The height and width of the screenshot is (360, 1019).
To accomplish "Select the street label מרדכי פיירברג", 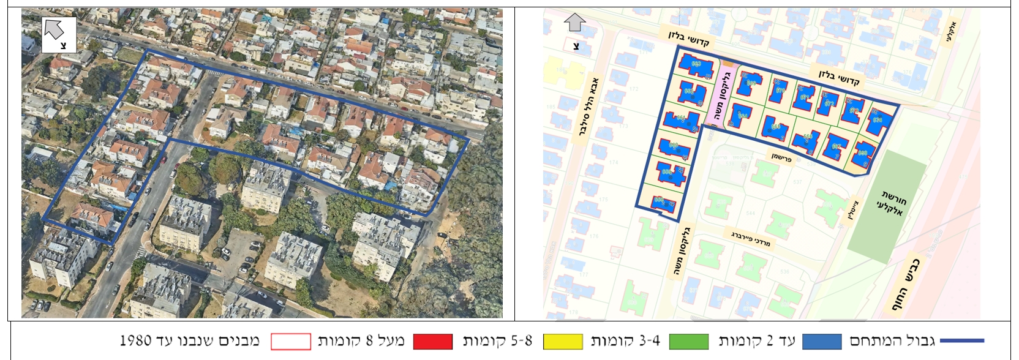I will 751,238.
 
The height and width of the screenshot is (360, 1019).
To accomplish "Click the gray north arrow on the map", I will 574,23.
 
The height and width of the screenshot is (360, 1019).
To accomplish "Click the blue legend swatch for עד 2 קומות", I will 822,341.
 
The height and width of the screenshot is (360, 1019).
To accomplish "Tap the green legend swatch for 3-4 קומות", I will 688,341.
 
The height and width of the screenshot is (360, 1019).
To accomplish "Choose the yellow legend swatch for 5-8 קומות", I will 562,341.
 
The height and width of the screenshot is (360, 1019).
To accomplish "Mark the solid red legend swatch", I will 433,341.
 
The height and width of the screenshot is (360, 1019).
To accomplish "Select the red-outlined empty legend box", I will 291,341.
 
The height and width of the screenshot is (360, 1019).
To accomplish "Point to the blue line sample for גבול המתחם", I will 961,341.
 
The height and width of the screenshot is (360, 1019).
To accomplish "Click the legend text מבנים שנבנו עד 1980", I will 190,341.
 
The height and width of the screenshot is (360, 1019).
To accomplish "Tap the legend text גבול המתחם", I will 892,341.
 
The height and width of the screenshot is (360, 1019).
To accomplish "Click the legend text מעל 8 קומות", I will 361,341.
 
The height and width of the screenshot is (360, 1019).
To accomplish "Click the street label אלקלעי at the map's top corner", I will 951,32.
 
